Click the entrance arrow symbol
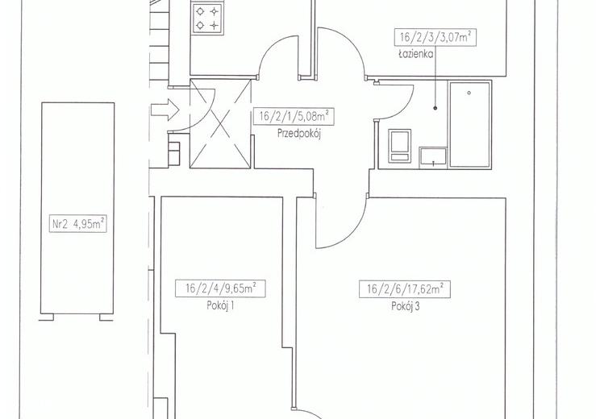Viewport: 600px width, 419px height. pyautogui.click(x=165, y=110)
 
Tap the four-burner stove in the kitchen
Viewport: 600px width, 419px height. pyautogui.click(x=207, y=19)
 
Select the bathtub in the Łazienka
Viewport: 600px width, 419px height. pyautogui.click(x=469, y=124)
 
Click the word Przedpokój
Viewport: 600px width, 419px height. pyautogui.click(x=299, y=134)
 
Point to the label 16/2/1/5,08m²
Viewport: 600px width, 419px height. pyautogui.click(x=294, y=116)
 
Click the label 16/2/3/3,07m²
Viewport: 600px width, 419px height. pyautogui.click(x=435, y=37)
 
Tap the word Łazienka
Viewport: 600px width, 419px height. pyautogui.click(x=415, y=54)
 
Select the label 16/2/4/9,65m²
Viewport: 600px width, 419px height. pyautogui.click(x=220, y=288)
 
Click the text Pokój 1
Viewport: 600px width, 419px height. pyautogui.click(x=220, y=306)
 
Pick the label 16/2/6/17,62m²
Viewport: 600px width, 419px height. pyautogui.click(x=405, y=289)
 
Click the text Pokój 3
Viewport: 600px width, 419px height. pyautogui.click(x=405, y=306)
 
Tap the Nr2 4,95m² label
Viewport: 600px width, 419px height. pyautogui.click(x=78, y=224)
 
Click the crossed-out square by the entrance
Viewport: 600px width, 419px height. pyautogui.click(x=220, y=123)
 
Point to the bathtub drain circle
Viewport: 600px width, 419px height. pyautogui.click(x=469, y=93)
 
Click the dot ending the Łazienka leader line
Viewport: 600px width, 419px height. pyautogui.click(x=435, y=108)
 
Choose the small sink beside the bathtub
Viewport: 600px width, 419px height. pyautogui.click(x=433, y=157)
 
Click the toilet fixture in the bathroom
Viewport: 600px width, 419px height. pyautogui.click(x=400, y=146)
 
